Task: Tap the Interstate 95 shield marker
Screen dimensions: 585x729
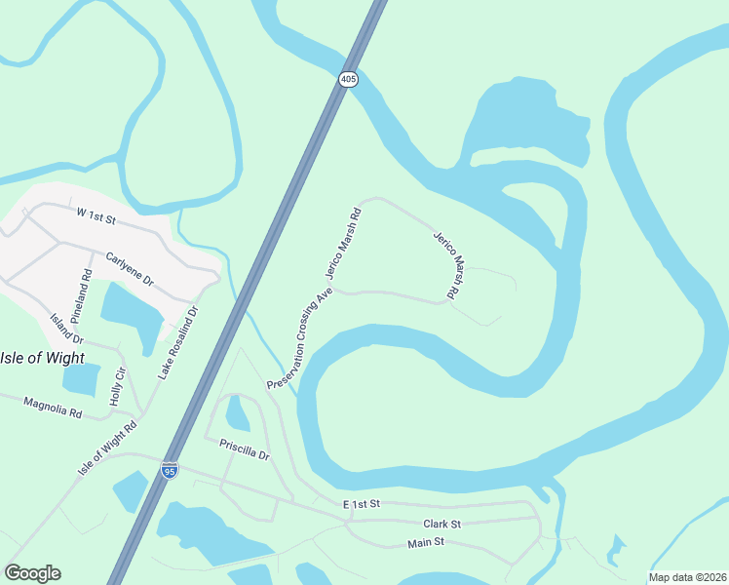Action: pos(170,471)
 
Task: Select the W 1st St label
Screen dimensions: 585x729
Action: pos(95,213)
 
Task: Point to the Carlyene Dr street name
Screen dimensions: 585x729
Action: pos(130,266)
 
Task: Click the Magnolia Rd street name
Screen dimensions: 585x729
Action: pos(54,407)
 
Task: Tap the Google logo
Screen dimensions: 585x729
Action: pos(32,573)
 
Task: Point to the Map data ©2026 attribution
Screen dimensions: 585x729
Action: pos(686,577)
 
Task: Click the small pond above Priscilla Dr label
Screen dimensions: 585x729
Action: pos(237,413)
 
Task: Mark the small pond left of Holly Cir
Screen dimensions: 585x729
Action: pos(83,380)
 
